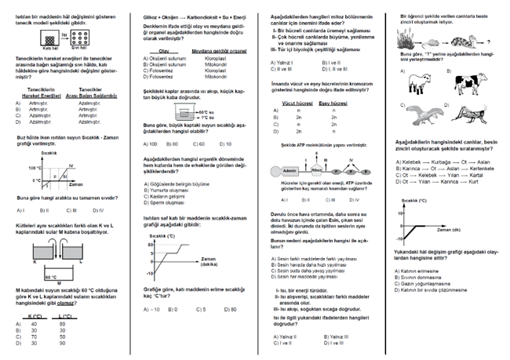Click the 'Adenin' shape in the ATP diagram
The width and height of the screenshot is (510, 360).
[x=290, y=169]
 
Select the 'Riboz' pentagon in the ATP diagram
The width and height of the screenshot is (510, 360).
[x=316, y=169]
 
